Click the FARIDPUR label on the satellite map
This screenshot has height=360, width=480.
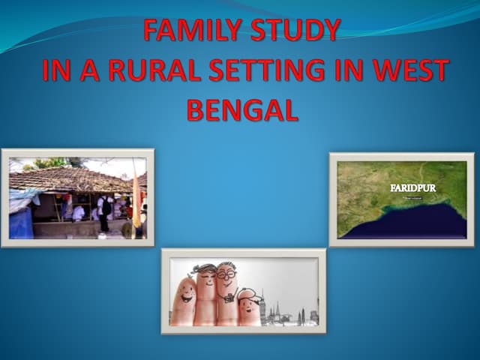(x=412, y=187)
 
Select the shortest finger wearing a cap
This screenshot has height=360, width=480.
(x=250, y=307)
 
